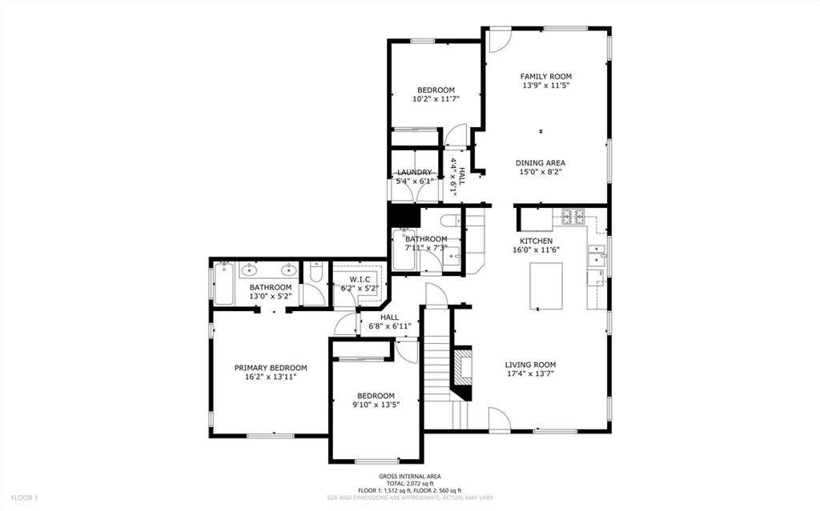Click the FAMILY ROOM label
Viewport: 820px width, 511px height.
(x=545, y=76)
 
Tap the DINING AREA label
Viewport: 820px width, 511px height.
(x=541, y=163)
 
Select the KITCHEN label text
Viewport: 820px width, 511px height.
(x=536, y=241)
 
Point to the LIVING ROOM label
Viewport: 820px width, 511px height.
(x=530, y=365)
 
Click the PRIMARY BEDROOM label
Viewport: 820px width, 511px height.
(x=271, y=368)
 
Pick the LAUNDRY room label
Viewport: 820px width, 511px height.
(x=415, y=173)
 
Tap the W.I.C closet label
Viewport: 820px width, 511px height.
(x=360, y=280)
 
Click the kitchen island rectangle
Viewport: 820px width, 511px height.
(x=546, y=285)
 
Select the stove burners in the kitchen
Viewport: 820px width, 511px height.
(x=575, y=217)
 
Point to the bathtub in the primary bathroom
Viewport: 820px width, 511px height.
(x=223, y=284)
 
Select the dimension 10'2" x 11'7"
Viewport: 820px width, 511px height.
(x=436, y=98)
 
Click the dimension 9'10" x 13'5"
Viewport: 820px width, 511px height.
(x=376, y=405)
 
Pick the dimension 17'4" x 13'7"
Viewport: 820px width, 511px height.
(x=530, y=373)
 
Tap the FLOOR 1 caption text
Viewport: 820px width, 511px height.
(x=25, y=498)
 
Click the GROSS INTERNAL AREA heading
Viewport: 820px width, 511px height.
(x=410, y=477)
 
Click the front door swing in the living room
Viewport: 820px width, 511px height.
(x=500, y=419)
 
